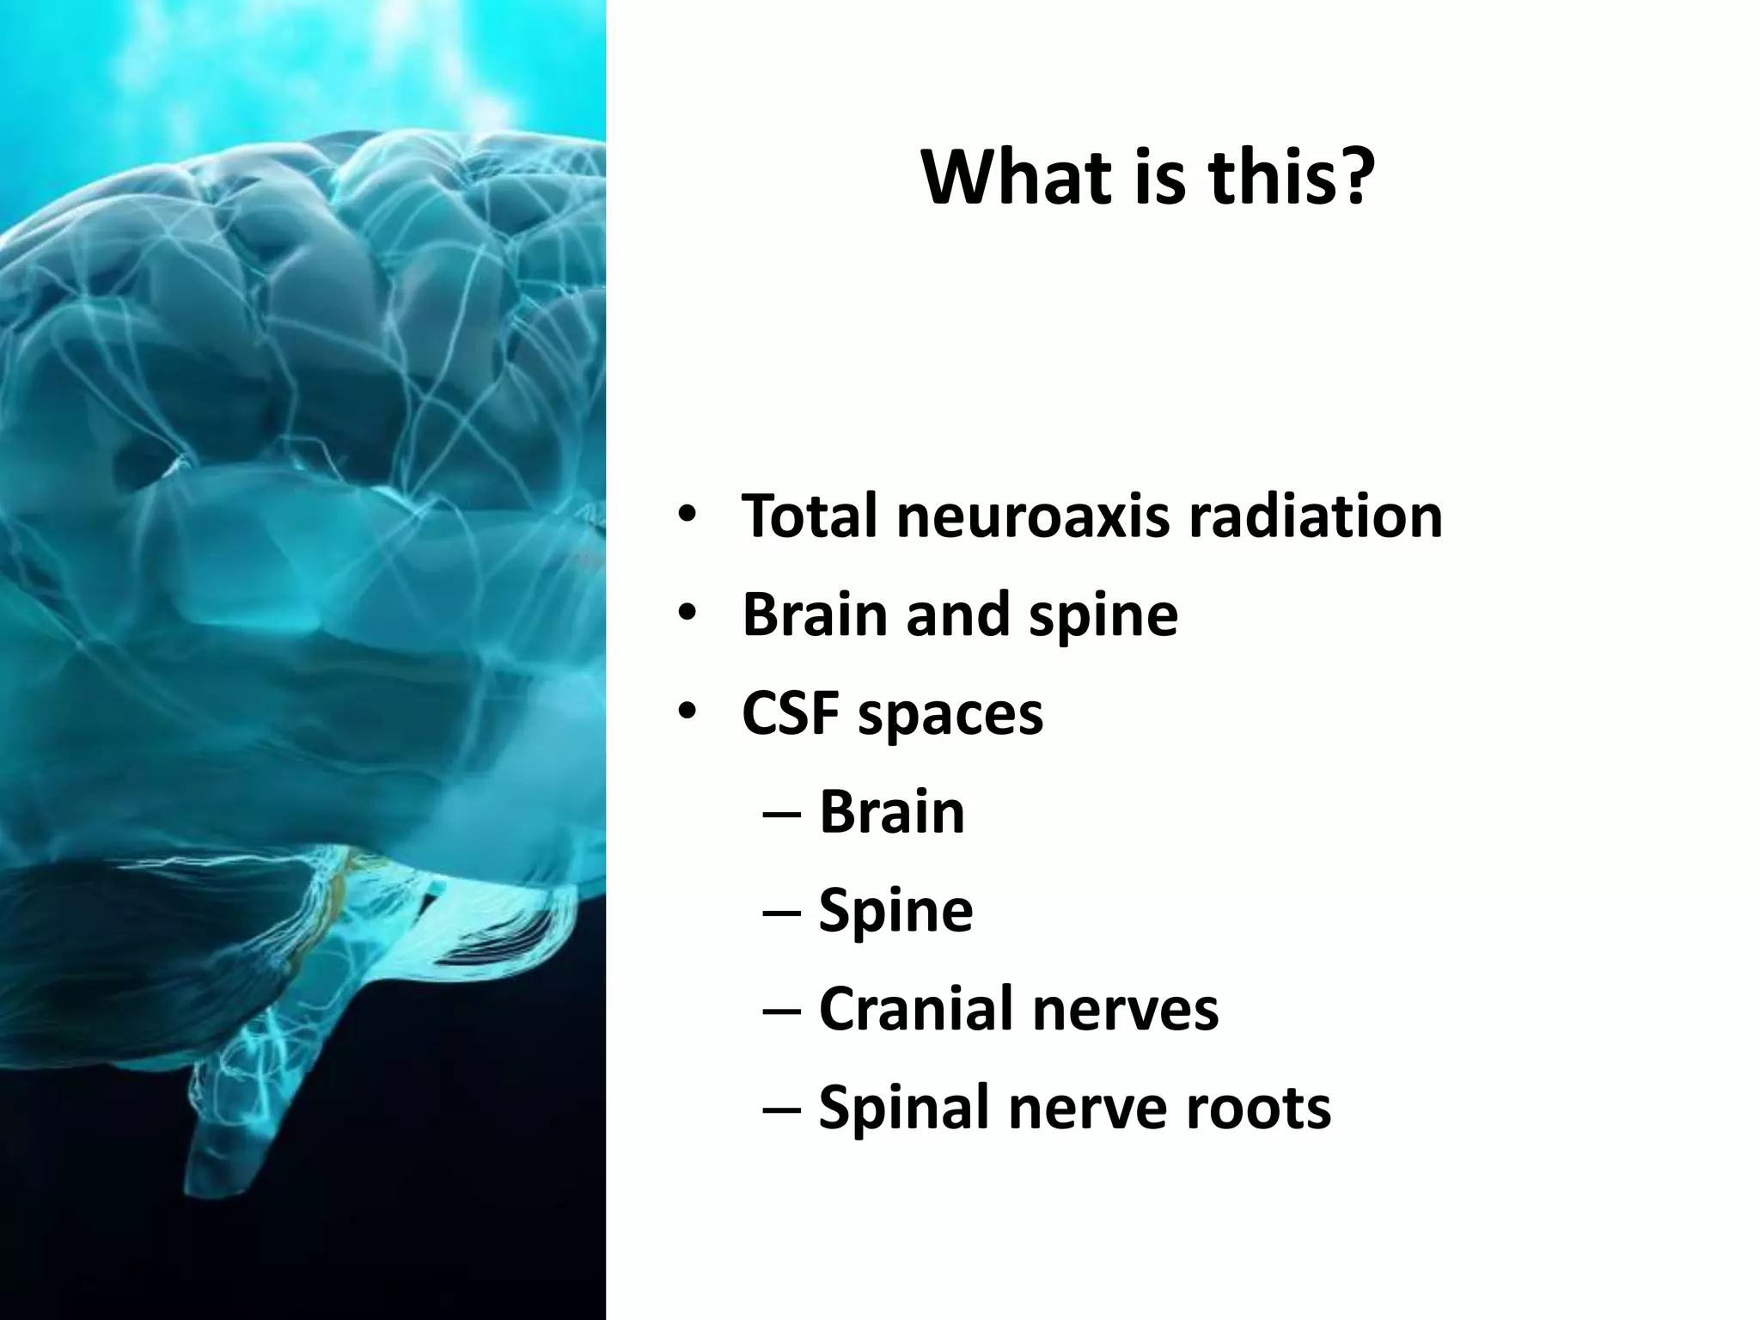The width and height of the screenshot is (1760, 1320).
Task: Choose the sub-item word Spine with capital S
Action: coord(895,912)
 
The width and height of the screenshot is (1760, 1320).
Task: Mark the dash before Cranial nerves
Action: coord(782,1011)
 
